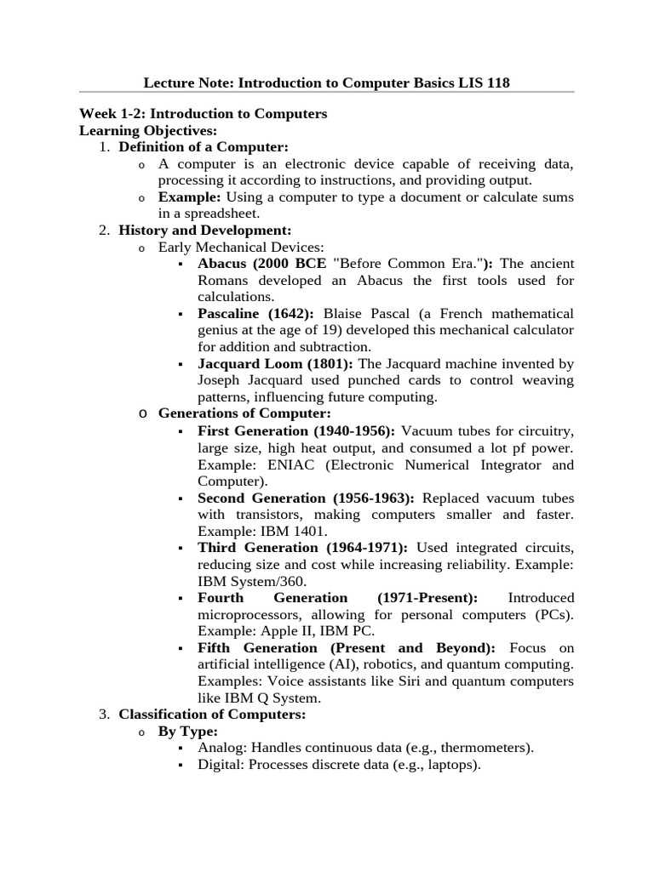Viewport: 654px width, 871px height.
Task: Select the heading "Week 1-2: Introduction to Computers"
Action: (203, 113)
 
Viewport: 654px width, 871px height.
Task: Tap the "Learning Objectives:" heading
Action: (148, 130)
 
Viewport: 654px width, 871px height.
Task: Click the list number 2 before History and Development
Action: (104, 231)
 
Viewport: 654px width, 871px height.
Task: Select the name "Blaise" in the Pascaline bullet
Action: (347, 314)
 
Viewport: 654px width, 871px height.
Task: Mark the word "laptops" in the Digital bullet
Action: (449, 765)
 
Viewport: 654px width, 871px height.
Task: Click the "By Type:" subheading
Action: (188, 732)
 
